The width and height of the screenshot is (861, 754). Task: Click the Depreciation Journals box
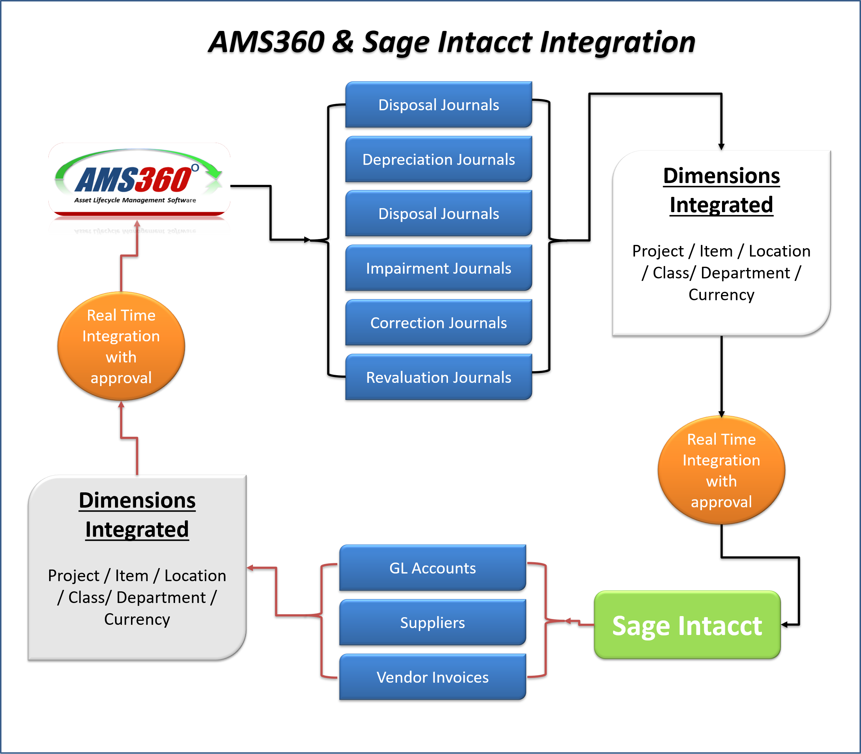439,159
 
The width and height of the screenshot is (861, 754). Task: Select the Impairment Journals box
439,269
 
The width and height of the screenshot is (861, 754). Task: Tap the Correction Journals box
439,323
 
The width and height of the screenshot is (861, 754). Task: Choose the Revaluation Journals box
439,377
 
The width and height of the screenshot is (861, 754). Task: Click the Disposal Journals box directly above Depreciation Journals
439,105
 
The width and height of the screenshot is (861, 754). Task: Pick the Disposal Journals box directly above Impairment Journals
439,214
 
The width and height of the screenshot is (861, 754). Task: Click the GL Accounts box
433,568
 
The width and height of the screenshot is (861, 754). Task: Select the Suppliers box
433,623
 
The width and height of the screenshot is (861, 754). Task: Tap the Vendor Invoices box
433,678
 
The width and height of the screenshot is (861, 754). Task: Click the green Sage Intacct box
687,625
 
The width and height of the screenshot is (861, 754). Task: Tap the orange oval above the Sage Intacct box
721,471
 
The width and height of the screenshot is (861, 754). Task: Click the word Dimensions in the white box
721,176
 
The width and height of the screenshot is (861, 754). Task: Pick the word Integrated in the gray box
137,529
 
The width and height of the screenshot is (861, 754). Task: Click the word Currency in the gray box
137,619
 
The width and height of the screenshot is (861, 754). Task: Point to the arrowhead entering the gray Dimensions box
250,568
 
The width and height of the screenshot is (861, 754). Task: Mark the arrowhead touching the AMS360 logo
137,224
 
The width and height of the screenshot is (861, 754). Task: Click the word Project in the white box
658,251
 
